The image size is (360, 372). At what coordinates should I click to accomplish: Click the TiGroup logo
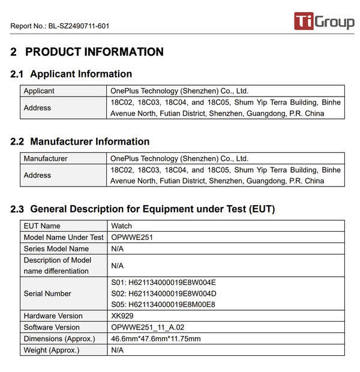tap(324, 22)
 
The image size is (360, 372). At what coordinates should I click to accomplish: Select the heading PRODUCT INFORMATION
tap(94, 52)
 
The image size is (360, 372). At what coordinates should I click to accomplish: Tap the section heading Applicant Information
tap(81, 74)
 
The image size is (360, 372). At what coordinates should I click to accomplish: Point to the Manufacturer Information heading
tap(89, 142)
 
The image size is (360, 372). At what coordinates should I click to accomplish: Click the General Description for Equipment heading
tap(152, 209)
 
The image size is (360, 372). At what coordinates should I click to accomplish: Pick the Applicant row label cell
tap(39, 91)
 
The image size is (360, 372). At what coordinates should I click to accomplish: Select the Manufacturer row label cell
tap(46, 159)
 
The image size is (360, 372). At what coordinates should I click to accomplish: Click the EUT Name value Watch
tap(121, 226)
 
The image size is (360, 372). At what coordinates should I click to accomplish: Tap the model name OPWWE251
tap(132, 238)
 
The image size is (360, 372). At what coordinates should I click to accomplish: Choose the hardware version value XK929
tap(123, 316)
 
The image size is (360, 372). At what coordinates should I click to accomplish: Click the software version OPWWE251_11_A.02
tap(147, 328)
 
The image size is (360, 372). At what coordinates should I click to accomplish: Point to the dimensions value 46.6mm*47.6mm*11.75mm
tap(156, 339)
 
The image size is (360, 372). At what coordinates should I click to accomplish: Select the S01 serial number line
tap(163, 283)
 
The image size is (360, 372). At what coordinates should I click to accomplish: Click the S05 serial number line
tap(163, 305)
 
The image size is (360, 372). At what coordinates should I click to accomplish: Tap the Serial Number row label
tap(47, 294)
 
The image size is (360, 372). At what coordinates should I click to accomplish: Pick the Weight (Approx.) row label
tap(52, 350)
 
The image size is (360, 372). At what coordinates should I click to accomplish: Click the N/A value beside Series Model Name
tap(118, 249)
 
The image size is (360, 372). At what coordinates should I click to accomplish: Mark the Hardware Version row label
tap(53, 316)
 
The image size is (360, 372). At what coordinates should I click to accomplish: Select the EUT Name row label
tap(42, 226)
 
